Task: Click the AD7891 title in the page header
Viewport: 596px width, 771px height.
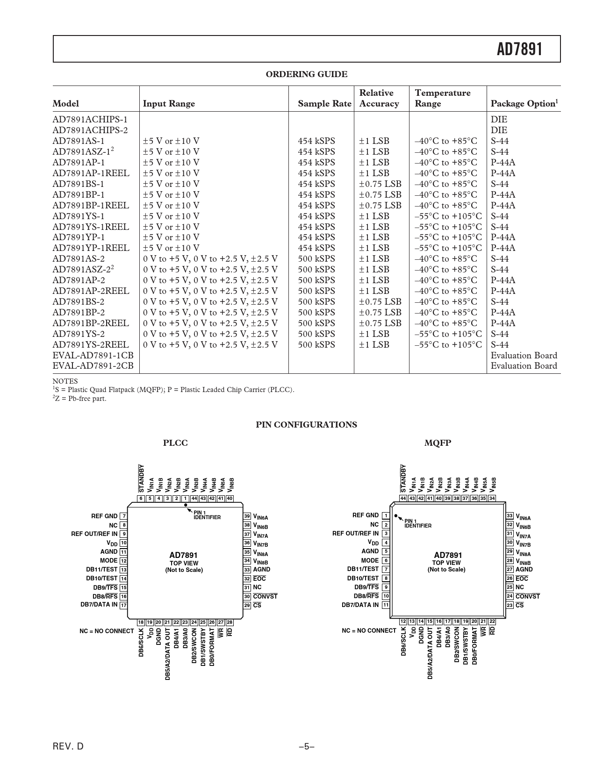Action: point(519,49)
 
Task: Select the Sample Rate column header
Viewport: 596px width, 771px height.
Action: point(324,104)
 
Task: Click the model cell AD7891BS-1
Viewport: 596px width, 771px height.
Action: point(79,184)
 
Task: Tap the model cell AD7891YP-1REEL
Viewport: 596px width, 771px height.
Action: point(91,248)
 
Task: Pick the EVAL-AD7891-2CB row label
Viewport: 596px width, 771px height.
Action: point(93,366)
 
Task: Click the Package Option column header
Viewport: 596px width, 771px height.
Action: point(524,104)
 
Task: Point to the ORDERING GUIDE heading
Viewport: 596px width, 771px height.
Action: point(306,74)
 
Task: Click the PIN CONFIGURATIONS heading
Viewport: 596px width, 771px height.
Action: point(306,425)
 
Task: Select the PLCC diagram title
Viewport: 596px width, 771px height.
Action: point(175,443)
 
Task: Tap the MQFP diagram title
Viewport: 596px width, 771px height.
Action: point(438,443)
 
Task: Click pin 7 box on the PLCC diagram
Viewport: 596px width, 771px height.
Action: point(123,516)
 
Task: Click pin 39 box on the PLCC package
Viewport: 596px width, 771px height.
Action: point(247,516)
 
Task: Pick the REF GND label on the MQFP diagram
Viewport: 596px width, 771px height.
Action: point(365,515)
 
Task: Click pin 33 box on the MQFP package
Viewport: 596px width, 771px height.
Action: point(510,516)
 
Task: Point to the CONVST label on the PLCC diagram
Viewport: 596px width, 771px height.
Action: point(265,596)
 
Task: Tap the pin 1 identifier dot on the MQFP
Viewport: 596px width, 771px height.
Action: point(396,516)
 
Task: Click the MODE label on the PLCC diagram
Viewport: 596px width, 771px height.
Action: point(108,560)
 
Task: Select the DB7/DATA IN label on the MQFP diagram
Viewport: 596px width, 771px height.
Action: point(360,605)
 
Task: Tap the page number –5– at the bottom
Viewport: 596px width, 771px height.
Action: point(306,747)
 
